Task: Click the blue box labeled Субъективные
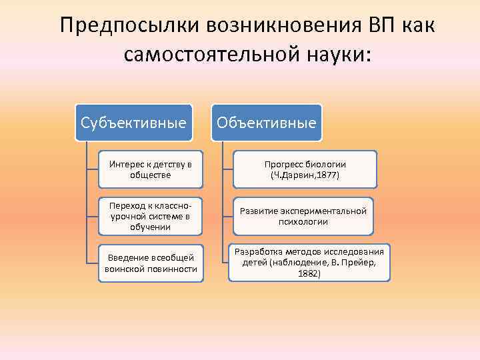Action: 133,123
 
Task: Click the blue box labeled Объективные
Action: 267,123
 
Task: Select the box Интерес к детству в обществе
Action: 151,169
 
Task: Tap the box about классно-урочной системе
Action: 151,216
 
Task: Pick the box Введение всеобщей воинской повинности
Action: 151,263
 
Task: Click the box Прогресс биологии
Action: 305,169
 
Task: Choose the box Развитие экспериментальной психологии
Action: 303,216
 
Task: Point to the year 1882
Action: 308,273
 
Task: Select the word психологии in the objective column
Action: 303,221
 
